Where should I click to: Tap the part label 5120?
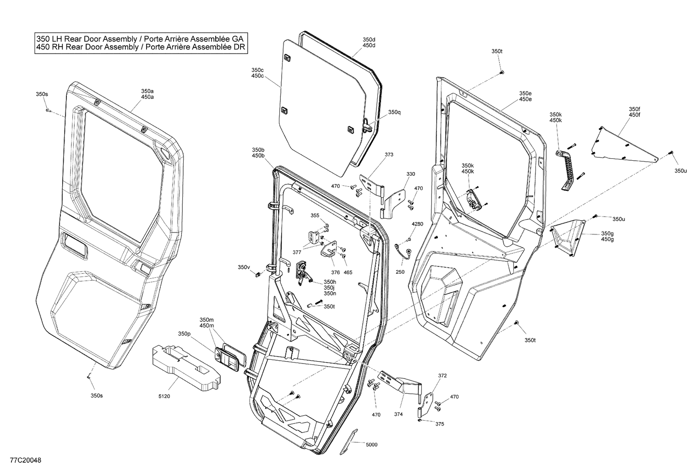tap(164, 396)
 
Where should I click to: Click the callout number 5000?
tap(372, 444)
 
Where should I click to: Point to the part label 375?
tap(439, 424)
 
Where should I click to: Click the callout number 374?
tap(398, 414)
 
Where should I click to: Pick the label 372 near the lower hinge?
tap(442, 375)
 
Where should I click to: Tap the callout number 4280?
tap(417, 224)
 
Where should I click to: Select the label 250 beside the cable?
tap(400, 272)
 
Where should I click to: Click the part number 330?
tap(410, 174)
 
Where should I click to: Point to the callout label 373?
tap(389, 155)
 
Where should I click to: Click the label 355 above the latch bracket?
tap(315, 215)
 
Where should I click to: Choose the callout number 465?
tap(348, 272)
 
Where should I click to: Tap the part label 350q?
tap(394, 112)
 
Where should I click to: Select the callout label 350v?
tap(244, 267)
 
